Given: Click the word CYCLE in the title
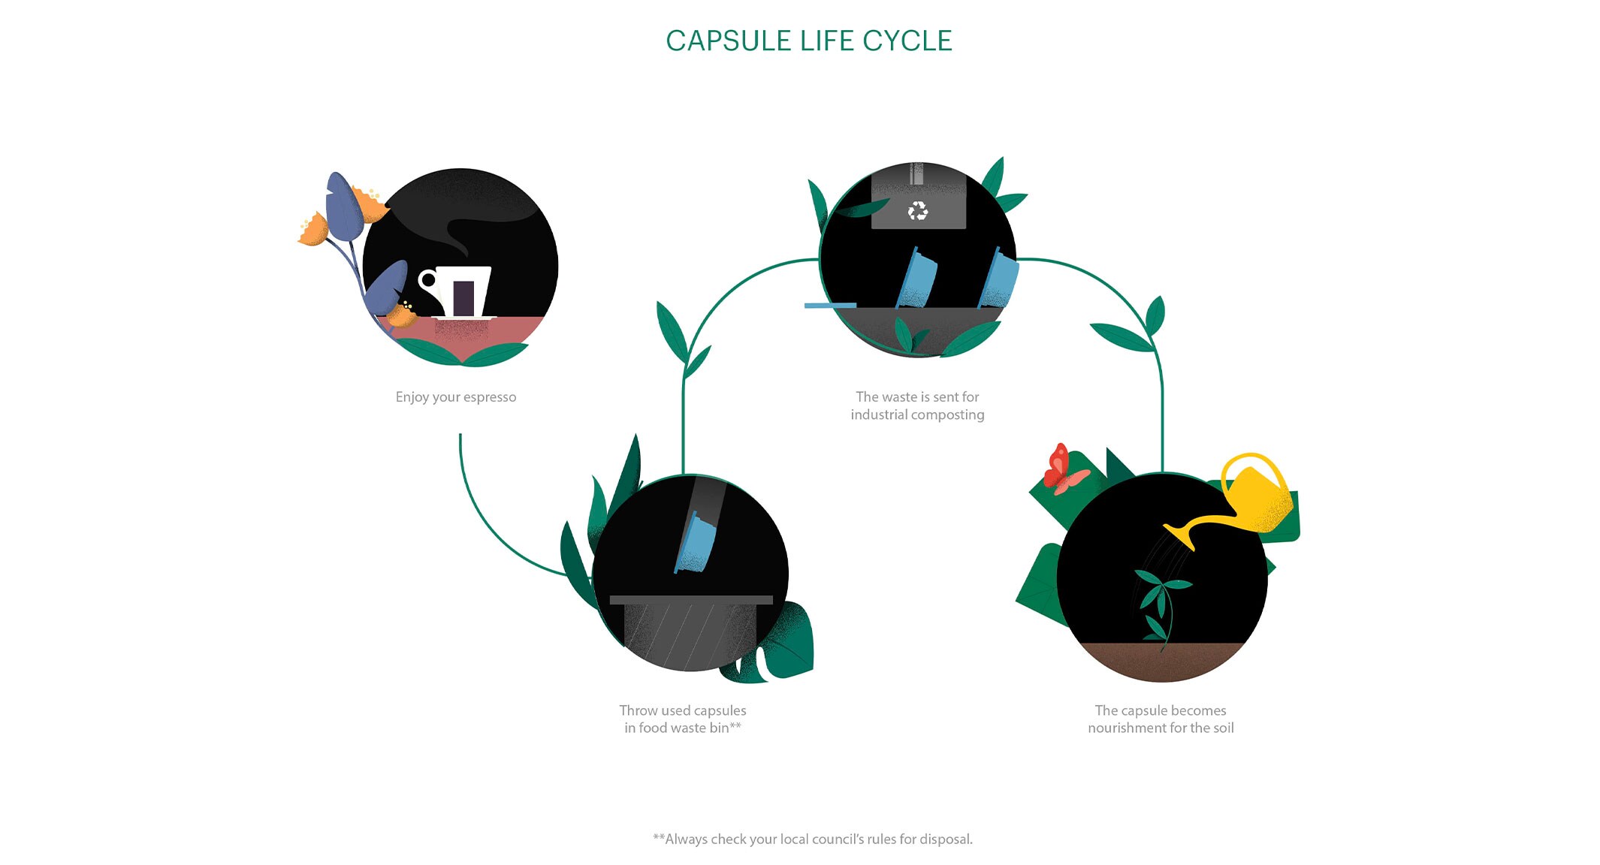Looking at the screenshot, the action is pyautogui.click(x=907, y=41).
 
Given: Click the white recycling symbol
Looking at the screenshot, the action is pyautogui.click(x=918, y=211).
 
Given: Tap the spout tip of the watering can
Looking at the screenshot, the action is pyautogui.click(x=1166, y=527).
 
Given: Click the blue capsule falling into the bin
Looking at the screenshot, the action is pyautogui.click(x=695, y=542).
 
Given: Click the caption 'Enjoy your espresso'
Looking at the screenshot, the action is pyautogui.click(x=456, y=397).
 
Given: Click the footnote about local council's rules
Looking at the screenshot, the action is pyautogui.click(x=813, y=839).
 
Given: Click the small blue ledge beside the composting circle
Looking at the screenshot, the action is pyautogui.click(x=830, y=306).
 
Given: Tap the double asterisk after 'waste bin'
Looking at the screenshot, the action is pyautogui.click(x=736, y=725).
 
